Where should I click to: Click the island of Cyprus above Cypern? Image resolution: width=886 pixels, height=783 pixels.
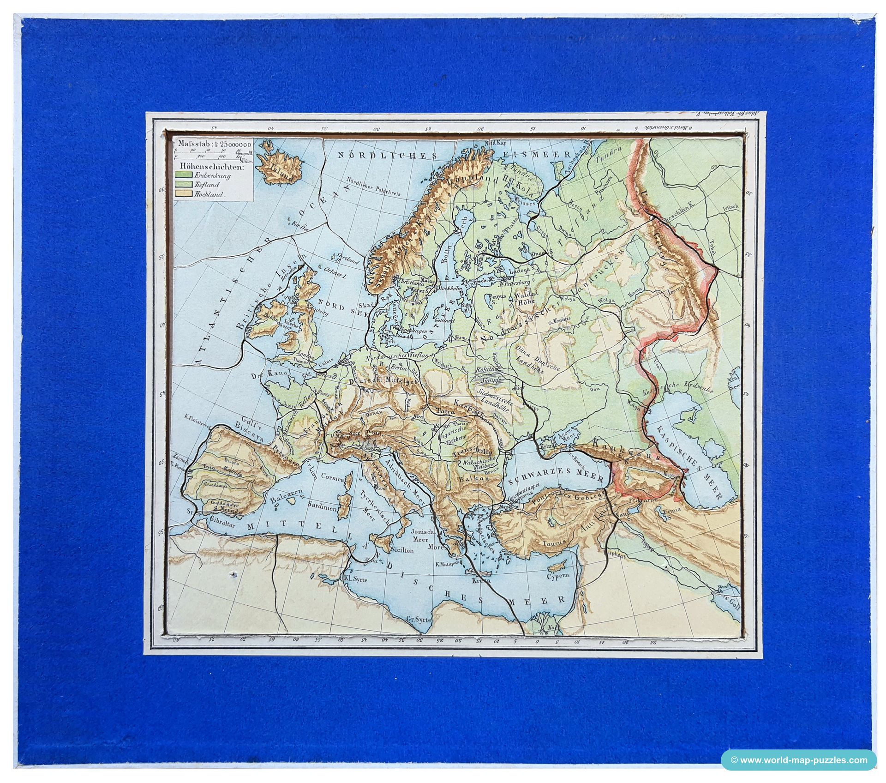pos(556,566)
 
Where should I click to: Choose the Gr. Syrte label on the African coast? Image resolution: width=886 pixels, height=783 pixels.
pos(418,619)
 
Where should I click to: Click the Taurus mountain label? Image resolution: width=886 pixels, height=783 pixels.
pos(554,543)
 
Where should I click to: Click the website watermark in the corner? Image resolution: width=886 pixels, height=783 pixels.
pos(798,760)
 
